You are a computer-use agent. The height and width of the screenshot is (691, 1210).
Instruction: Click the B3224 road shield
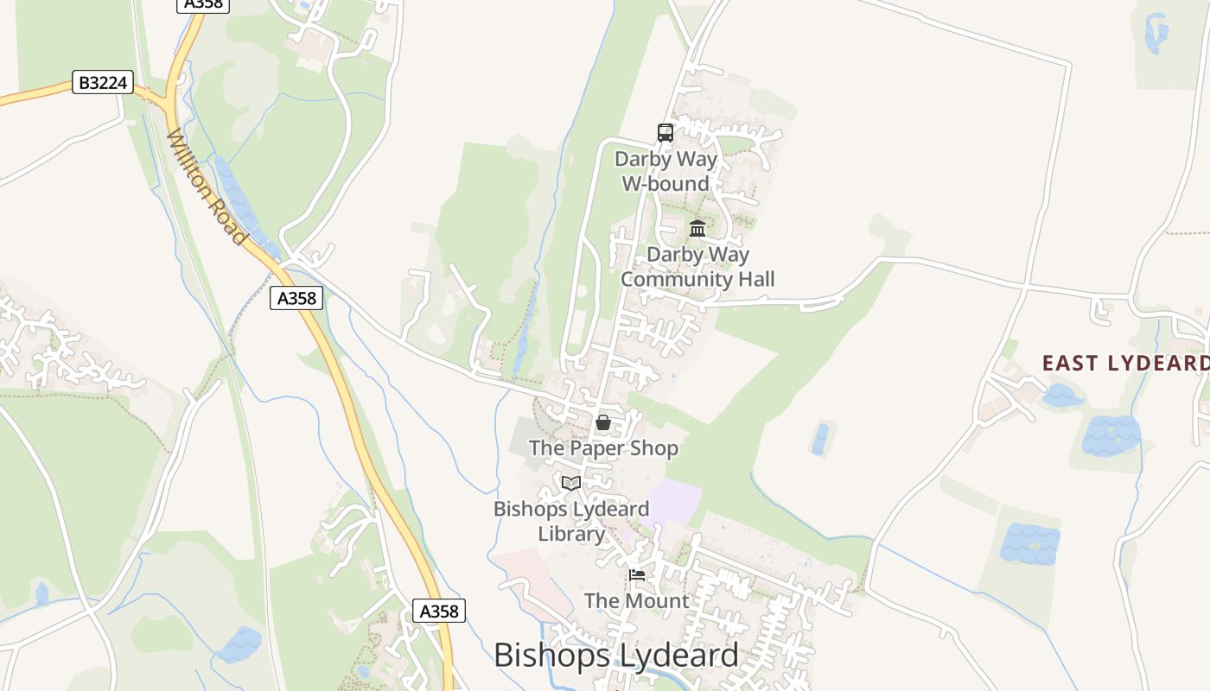[x=103, y=83]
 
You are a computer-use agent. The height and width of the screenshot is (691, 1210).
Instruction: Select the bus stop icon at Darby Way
[x=665, y=133]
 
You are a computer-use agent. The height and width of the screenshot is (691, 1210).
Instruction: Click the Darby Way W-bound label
[x=665, y=171]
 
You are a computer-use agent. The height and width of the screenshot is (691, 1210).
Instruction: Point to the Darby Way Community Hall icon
[x=697, y=229]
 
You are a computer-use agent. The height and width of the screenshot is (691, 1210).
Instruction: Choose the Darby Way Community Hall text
[x=697, y=267]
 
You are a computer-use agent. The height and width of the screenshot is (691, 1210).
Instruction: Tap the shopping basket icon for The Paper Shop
[x=603, y=423]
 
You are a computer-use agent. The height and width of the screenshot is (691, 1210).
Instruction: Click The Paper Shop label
[x=603, y=448]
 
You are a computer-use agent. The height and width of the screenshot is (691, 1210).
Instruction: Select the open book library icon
[x=571, y=483]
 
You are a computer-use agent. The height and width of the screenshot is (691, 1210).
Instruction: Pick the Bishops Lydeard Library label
[x=571, y=521]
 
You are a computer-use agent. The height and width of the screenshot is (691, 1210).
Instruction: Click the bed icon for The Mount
[x=637, y=575]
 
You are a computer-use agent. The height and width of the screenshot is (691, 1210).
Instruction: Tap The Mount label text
[x=637, y=600]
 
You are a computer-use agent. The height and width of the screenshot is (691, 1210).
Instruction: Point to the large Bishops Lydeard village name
[x=616, y=656]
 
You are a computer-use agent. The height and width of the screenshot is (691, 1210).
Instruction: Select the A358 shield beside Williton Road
[x=296, y=298]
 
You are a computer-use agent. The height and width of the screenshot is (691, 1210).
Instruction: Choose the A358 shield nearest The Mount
[x=439, y=611]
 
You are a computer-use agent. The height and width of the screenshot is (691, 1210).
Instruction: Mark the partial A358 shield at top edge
[x=204, y=4]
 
